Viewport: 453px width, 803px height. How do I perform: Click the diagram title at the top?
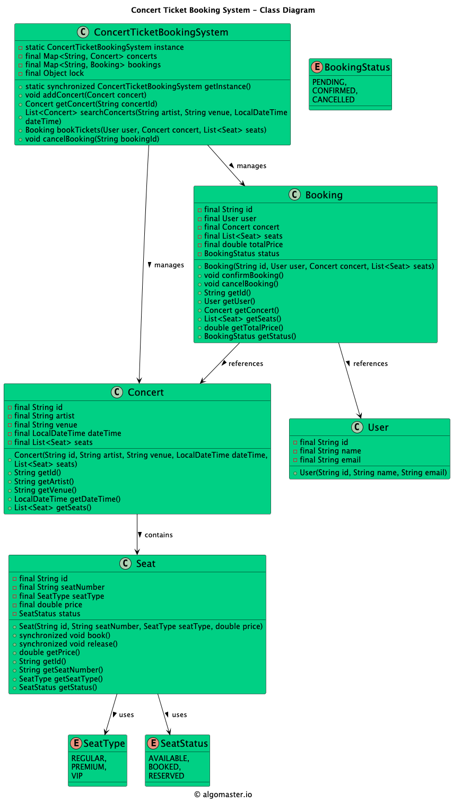point(223,10)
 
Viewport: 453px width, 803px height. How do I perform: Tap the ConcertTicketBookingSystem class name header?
point(161,32)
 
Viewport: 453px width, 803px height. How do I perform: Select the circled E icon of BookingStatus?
point(317,67)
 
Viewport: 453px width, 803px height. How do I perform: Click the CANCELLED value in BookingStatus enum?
point(333,100)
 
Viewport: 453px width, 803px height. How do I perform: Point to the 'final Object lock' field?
point(54,73)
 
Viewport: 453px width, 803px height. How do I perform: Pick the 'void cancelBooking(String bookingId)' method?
point(92,139)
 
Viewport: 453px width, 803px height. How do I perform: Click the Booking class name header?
point(324,195)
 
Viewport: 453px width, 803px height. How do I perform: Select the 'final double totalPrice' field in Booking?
point(243,245)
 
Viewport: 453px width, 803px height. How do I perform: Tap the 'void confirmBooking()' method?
point(243,275)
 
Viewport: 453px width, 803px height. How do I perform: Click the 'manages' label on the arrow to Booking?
point(251,166)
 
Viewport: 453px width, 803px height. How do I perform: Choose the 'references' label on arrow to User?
point(370,363)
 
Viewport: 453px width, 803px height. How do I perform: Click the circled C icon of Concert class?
point(117,392)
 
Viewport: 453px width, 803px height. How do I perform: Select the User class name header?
point(378,427)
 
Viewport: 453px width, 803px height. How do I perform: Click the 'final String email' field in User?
point(329,460)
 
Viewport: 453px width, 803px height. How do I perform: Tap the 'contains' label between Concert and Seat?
point(158,535)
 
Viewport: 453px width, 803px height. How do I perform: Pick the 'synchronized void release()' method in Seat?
point(68,644)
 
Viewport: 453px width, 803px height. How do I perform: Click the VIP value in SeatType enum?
point(77,776)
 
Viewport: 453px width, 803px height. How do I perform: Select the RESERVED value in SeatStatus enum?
point(166,776)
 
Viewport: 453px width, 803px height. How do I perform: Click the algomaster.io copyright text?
point(223,795)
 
